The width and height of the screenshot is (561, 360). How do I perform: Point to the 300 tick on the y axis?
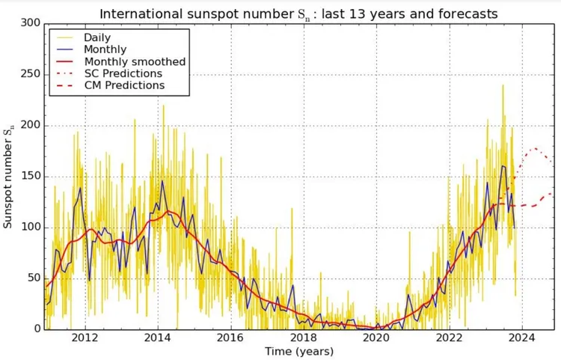click(31, 23)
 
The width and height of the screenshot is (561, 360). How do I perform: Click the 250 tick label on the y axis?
click(31, 74)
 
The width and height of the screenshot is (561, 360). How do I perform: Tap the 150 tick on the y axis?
click(31, 177)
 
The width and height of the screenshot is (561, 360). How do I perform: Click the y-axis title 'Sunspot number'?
click(10, 177)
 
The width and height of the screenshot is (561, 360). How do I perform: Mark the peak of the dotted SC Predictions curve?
click(534, 148)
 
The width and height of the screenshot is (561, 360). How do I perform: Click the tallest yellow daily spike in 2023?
click(502, 85)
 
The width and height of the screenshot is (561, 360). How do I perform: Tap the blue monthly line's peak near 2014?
click(162, 180)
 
